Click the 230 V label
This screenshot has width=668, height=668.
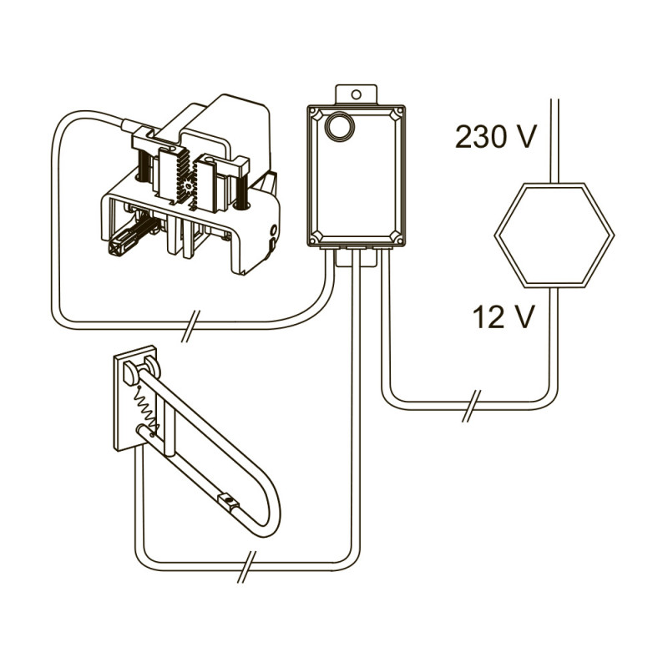[495, 137]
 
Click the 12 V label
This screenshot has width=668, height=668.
[504, 317]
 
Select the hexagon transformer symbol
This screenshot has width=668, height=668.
[554, 235]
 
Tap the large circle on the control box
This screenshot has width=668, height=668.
[340, 125]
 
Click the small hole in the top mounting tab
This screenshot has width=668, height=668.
[357, 94]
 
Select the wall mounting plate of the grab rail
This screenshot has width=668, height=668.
[135, 399]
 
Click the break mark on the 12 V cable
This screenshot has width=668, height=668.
[471, 406]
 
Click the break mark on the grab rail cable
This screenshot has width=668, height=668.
[247, 567]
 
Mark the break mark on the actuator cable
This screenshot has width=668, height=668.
[190, 326]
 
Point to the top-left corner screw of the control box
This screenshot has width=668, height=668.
[313, 112]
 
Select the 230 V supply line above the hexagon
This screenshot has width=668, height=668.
[554, 141]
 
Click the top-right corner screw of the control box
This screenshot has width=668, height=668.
[399, 112]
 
